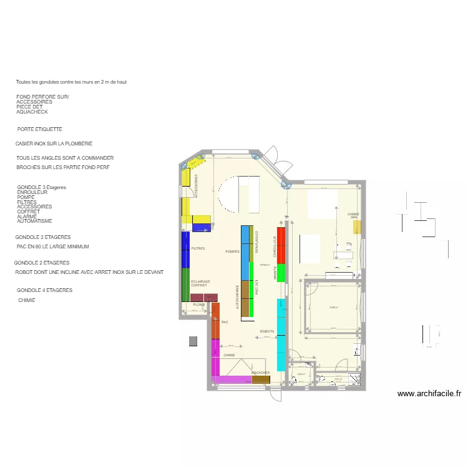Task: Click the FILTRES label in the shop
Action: pyautogui.click(x=198, y=248)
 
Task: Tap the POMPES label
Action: pyautogui.click(x=232, y=251)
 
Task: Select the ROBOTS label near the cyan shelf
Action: pyautogui.click(x=266, y=332)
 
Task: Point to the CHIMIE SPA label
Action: pyautogui.click(x=354, y=215)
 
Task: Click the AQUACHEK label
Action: pyautogui.click(x=260, y=373)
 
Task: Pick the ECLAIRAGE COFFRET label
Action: pyautogui.click(x=200, y=283)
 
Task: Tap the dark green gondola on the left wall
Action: pyautogui.click(x=185, y=285)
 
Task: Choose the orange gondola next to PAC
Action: pyautogui.click(x=215, y=321)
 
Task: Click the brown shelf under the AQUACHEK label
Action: pyautogui.click(x=260, y=379)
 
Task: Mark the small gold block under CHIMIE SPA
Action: pyautogui.click(x=356, y=227)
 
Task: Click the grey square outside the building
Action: pyautogui.click(x=193, y=341)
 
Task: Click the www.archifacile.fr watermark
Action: pyautogui.click(x=429, y=394)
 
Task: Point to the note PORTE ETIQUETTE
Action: pyautogui.click(x=40, y=130)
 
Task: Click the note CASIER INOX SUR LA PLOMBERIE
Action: pyautogui.click(x=54, y=144)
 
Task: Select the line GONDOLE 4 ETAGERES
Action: pyautogui.click(x=45, y=290)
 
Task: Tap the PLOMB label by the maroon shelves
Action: pyautogui.click(x=199, y=305)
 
